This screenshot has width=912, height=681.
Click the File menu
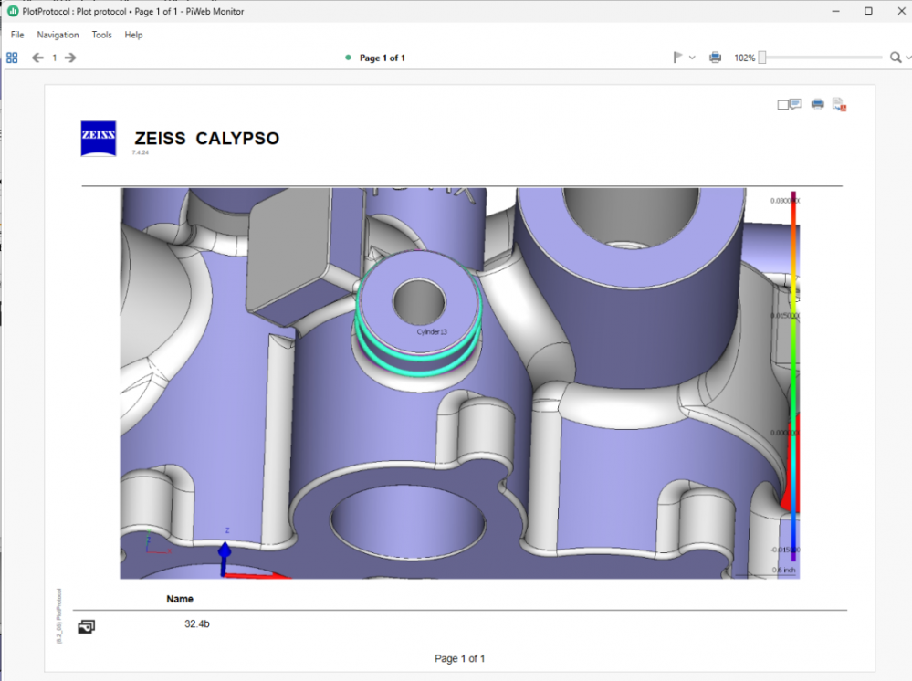point(17,35)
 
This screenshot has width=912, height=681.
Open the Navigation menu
point(58,35)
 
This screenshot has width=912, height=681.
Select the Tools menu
point(101,35)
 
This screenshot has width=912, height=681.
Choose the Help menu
point(133,35)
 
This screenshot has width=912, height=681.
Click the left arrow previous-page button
point(37,58)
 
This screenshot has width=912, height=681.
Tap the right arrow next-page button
point(70,58)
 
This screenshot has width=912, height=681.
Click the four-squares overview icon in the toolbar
point(12,58)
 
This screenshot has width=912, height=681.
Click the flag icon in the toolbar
point(678,58)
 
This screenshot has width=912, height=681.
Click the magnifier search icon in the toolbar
point(896,58)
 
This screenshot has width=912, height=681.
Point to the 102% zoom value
point(744,58)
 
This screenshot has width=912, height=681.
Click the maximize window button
point(868,11)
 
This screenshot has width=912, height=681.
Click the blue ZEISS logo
point(99,139)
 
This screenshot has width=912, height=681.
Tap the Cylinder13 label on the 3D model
point(432,331)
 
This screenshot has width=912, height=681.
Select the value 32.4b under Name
point(197,623)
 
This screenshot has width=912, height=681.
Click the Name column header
point(180,599)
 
